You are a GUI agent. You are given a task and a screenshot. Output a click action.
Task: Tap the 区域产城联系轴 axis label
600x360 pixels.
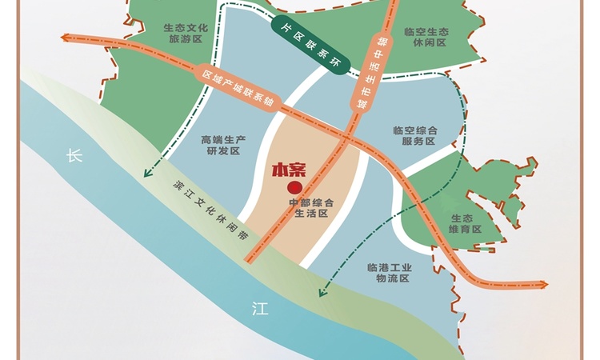pos(238,89)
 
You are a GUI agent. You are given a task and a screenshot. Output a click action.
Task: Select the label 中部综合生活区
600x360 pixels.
pos(309,208)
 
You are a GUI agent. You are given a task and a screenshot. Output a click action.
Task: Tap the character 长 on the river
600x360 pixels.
pos(74,157)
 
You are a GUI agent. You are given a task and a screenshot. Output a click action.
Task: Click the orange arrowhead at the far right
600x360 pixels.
pos(544,284)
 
